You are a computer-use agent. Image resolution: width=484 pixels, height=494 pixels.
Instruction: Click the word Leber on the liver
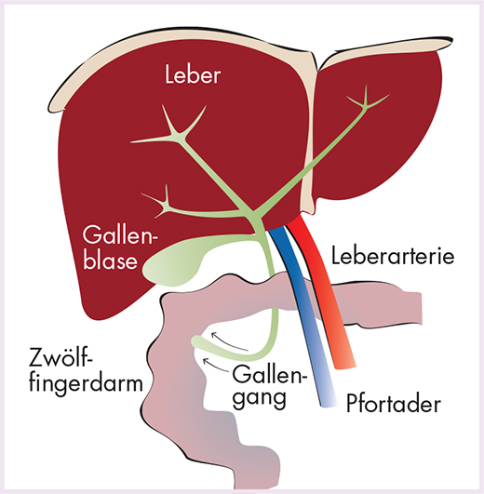point(193,75)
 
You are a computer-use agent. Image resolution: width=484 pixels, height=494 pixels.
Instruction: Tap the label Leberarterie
point(393,256)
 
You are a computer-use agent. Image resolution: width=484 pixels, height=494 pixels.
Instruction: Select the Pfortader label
point(393,404)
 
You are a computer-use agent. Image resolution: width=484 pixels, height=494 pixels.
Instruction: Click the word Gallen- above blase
point(120,236)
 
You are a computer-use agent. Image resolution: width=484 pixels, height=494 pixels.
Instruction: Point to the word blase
point(111,260)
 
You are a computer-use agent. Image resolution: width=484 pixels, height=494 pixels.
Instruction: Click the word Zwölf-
point(61,357)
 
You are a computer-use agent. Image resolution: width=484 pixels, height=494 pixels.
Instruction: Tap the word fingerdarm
point(86,384)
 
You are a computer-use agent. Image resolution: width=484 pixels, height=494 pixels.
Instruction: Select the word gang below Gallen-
point(259,397)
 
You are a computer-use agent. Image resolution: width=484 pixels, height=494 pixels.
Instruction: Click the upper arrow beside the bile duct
point(229,340)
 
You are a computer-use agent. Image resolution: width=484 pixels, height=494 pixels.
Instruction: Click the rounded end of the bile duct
point(197,341)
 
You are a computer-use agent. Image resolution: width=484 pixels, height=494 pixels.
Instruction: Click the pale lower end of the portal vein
point(329,401)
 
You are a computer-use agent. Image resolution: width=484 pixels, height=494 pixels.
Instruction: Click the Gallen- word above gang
point(269,373)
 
